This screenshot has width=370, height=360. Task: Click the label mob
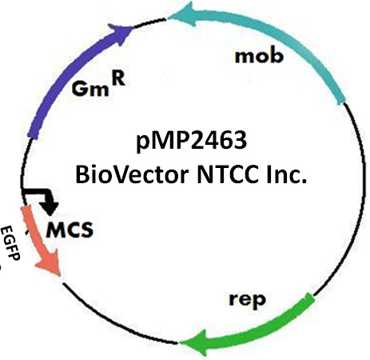point(259,56)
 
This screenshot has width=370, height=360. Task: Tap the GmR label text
point(98,86)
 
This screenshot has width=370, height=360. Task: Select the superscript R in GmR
point(119,79)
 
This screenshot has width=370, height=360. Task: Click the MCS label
point(70,230)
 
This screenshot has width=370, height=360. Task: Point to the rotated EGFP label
point(10,242)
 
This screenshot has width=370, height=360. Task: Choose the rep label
point(247,300)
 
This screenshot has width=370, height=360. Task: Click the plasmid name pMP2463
point(192,142)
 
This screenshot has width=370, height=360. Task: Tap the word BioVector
point(132,174)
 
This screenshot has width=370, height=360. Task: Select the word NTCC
point(228,174)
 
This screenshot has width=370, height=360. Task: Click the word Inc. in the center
point(287,174)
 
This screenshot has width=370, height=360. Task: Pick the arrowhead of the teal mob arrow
point(184,14)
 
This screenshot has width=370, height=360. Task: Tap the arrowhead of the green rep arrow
point(194,342)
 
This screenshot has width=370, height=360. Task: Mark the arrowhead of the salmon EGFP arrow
point(50,263)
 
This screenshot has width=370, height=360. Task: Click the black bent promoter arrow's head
point(50,206)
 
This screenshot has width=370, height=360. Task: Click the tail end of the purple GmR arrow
point(33,135)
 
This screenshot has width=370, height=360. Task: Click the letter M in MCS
point(54,230)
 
